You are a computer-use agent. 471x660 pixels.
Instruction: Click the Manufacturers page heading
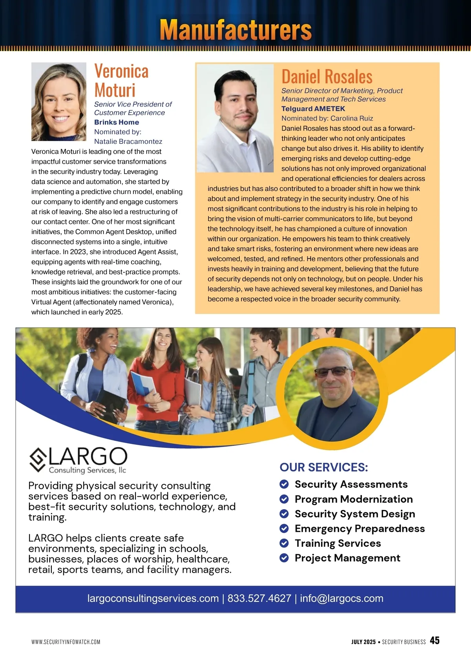[x=235, y=30]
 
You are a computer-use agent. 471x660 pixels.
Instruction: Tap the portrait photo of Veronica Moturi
[x=59, y=101]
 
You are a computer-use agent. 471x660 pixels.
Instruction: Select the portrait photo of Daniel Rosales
[x=235, y=118]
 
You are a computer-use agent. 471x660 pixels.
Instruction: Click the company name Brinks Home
[x=117, y=122]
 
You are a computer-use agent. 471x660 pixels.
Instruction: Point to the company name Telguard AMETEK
[x=313, y=109]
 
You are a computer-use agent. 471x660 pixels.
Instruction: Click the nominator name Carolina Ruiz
[x=352, y=118]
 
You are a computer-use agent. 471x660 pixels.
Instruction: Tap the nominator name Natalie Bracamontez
[x=128, y=141]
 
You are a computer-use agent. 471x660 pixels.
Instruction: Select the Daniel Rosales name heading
[x=327, y=77]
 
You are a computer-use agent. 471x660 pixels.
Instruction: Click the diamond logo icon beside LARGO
[x=38, y=460]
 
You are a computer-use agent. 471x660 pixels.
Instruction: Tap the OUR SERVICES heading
[x=324, y=467]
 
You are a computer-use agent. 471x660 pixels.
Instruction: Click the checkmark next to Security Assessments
[x=284, y=484]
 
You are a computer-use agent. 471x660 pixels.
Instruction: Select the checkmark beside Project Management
[x=284, y=558]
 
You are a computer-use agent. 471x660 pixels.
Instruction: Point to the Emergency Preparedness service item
[x=360, y=528]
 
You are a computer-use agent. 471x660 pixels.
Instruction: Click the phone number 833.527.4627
[x=259, y=598]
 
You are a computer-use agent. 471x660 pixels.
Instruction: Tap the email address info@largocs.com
[x=341, y=598]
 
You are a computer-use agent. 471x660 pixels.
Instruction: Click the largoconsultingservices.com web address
[x=153, y=598]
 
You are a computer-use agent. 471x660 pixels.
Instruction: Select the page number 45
[x=434, y=640]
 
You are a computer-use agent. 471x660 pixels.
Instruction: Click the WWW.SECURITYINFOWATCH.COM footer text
[x=66, y=642]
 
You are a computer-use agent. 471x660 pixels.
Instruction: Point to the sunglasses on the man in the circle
[x=332, y=371]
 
